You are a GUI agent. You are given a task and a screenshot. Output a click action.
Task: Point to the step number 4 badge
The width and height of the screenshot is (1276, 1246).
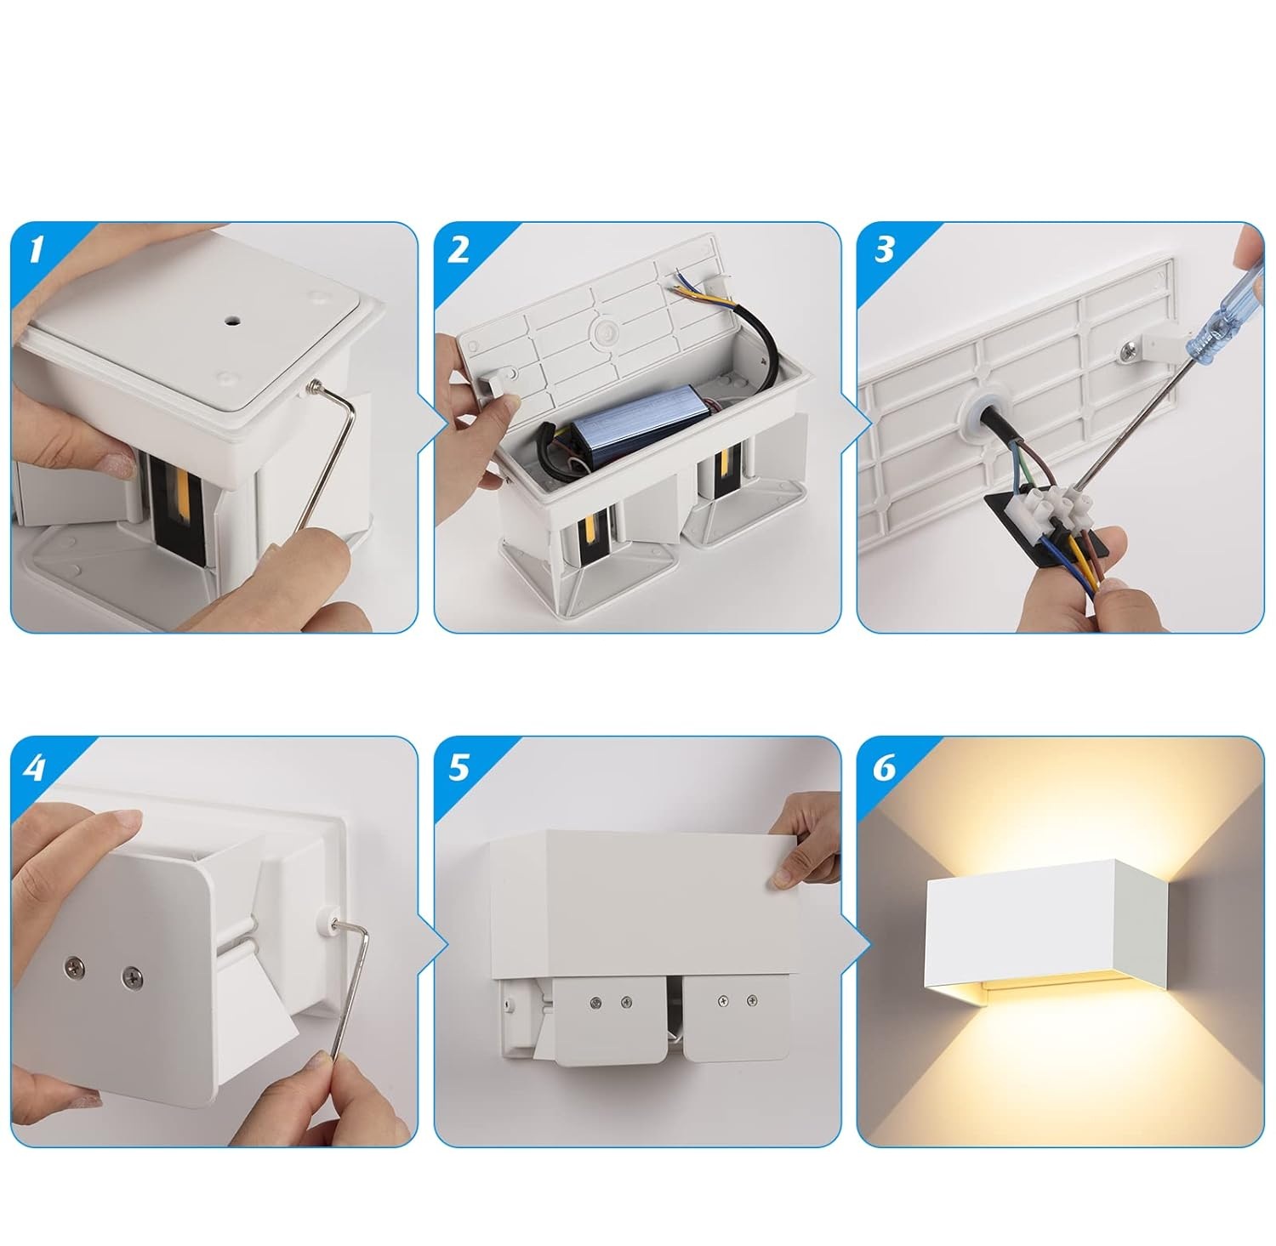[36, 767]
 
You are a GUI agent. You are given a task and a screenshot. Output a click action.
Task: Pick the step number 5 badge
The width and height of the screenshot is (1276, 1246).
[459, 767]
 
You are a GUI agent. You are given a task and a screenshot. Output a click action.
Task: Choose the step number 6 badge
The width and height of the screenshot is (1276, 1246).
[884, 767]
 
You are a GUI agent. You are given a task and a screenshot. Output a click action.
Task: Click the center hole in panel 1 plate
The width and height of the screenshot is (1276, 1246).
[231, 322]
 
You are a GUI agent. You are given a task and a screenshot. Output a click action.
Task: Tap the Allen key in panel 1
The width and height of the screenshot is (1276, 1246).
[328, 459]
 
